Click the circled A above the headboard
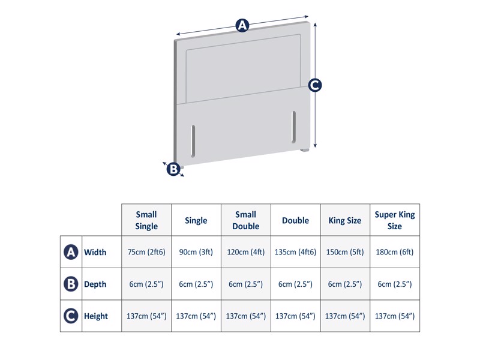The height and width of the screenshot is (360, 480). click(x=242, y=25)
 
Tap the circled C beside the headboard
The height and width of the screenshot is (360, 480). click(x=315, y=85)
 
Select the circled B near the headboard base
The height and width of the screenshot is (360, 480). click(x=173, y=170)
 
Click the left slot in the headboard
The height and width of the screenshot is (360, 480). click(x=193, y=140)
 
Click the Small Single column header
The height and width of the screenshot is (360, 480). click(x=146, y=220)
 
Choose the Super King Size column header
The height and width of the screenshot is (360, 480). click(x=394, y=220)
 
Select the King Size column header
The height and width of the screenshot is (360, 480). click(x=345, y=220)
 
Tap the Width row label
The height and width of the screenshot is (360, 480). click(x=95, y=252)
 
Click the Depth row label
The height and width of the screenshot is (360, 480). click(x=95, y=284)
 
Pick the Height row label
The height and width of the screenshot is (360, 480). click(x=96, y=316)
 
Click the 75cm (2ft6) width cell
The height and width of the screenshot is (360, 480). click(x=146, y=252)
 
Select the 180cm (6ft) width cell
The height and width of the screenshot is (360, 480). click(x=394, y=252)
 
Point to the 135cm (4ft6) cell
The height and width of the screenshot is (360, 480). click(x=295, y=252)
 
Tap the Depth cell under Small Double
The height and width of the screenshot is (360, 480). click(x=245, y=284)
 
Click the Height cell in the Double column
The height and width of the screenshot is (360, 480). click(x=295, y=316)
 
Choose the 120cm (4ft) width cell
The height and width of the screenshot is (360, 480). click(x=245, y=252)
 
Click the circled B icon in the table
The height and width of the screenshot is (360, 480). click(x=71, y=284)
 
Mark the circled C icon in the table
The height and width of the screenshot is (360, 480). click(x=71, y=316)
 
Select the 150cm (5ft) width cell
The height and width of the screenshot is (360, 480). click(x=345, y=252)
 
